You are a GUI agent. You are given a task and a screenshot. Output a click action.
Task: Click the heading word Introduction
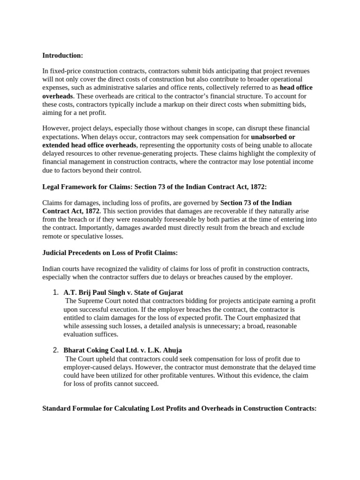(x=62, y=55)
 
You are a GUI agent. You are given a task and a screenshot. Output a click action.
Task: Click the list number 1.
(x=55, y=292)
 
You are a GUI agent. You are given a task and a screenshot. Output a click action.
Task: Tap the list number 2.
(x=55, y=350)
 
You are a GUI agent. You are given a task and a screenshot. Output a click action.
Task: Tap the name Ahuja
(x=172, y=350)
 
